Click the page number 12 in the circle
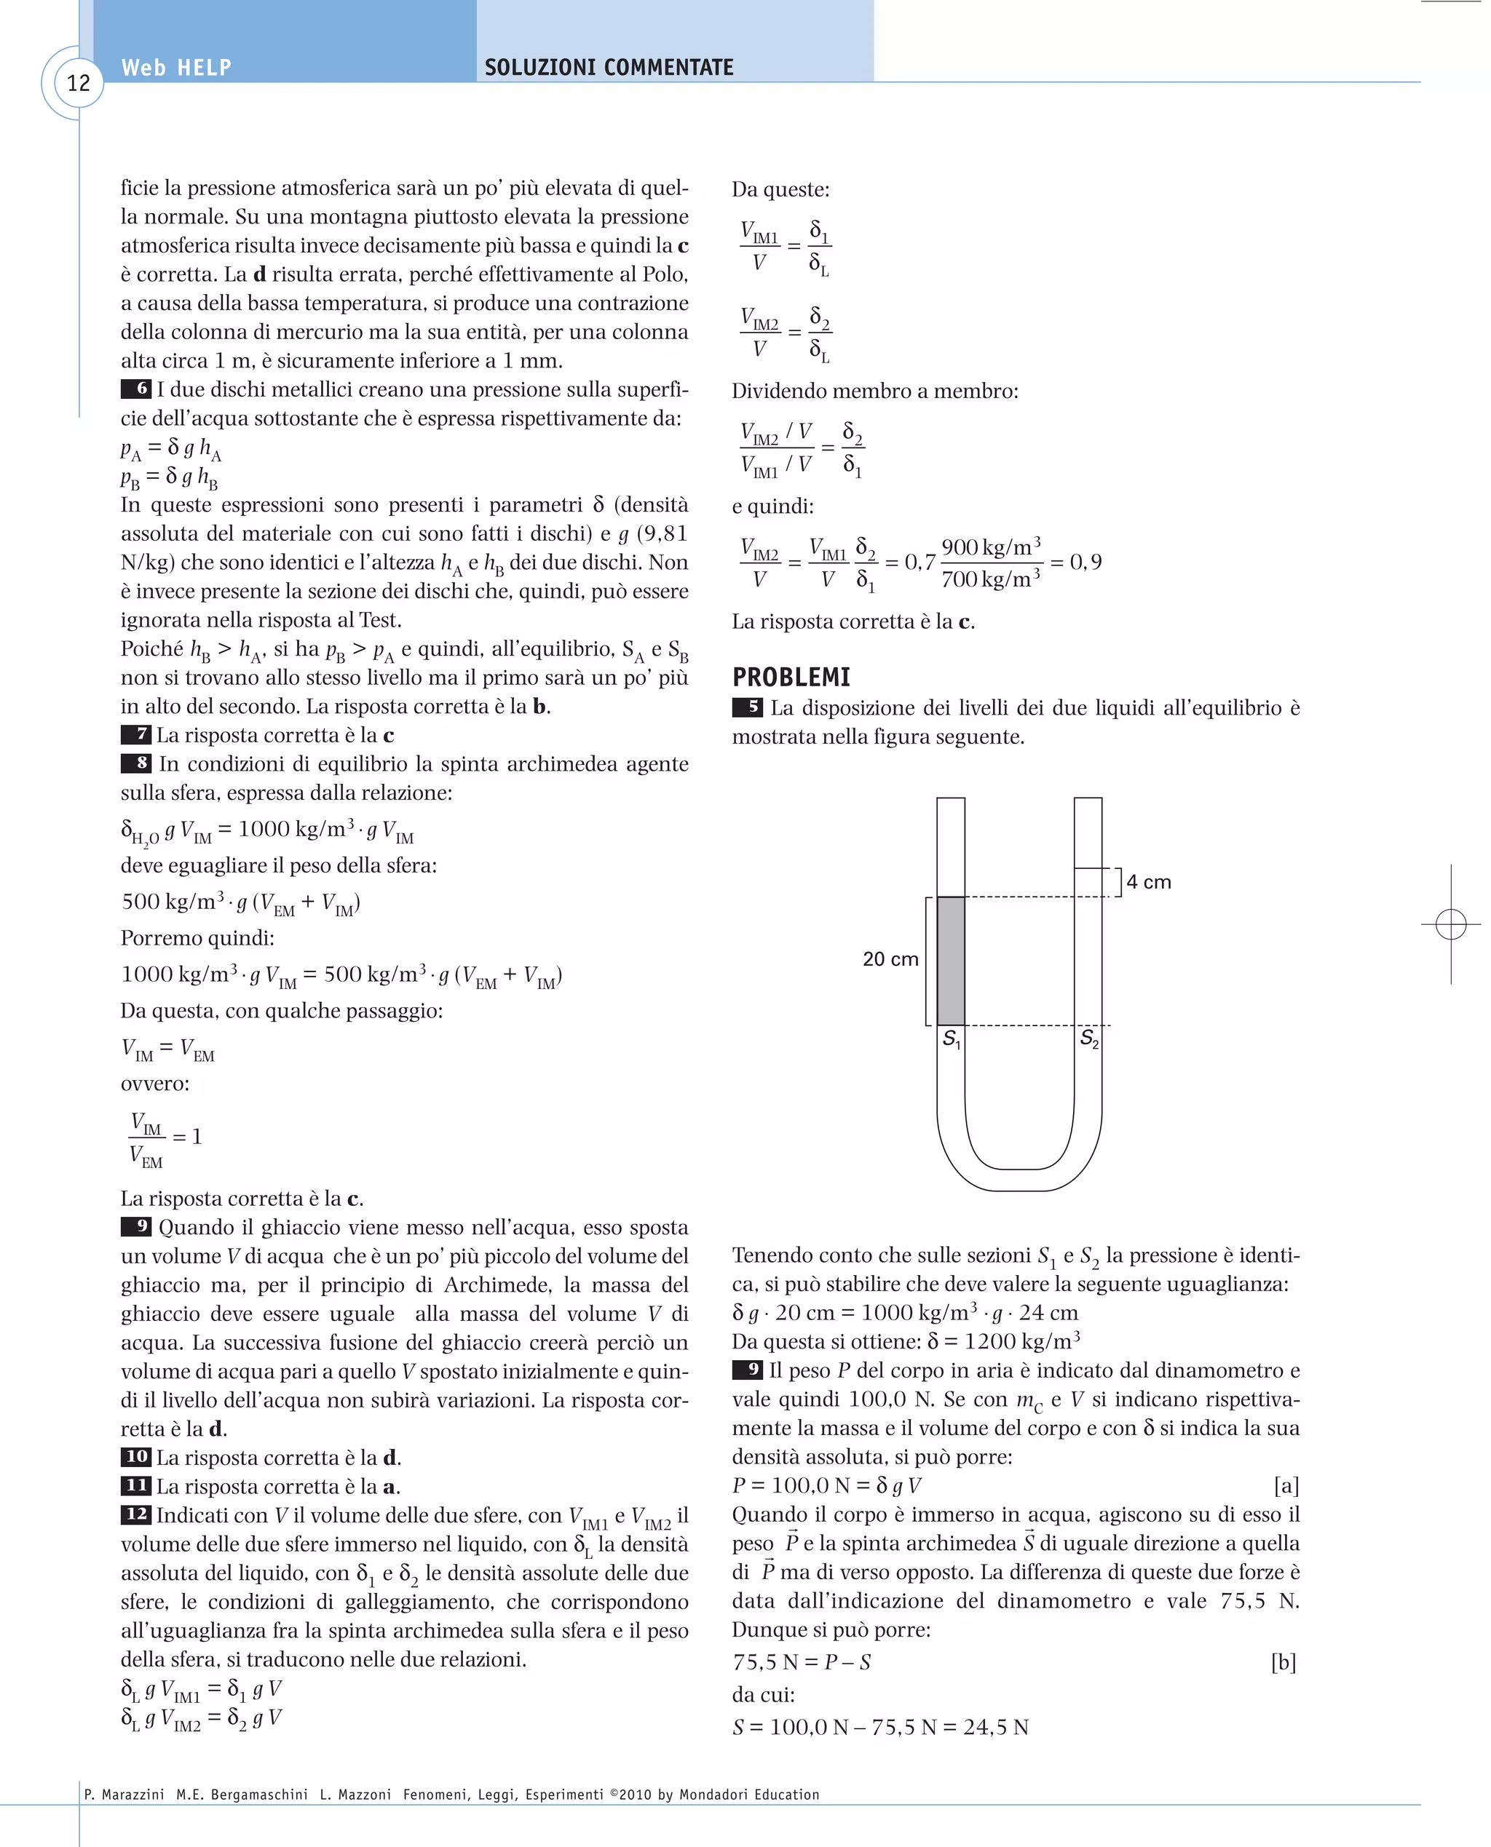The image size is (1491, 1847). (x=78, y=83)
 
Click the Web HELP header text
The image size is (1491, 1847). (x=176, y=68)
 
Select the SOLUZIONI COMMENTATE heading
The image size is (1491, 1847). (x=608, y=68)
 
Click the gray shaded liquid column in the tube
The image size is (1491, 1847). (x=950, y=960)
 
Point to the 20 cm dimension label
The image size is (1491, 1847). (x=890, y=959)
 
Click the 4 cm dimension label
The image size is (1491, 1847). (x=1148, y=882)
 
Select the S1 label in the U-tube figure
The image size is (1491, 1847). (x=951, y=1039)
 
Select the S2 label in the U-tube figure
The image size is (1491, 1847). (x=1088, y=1039)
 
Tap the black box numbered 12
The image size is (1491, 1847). (x=135, y=1514)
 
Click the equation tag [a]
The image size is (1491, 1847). (x=1285, y=1485)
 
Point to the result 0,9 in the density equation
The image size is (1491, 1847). (x=1085, y=563)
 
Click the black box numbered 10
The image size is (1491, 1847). (x=135, y=1457)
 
